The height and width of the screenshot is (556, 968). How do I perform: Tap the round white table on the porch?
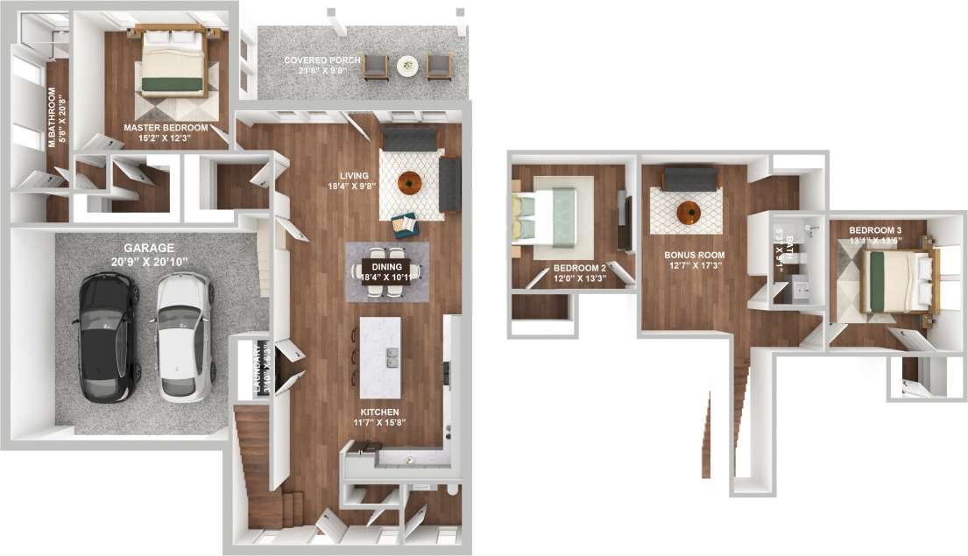[x=407, y=64]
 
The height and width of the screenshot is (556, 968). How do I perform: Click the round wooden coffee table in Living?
[x=409, y=182]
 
